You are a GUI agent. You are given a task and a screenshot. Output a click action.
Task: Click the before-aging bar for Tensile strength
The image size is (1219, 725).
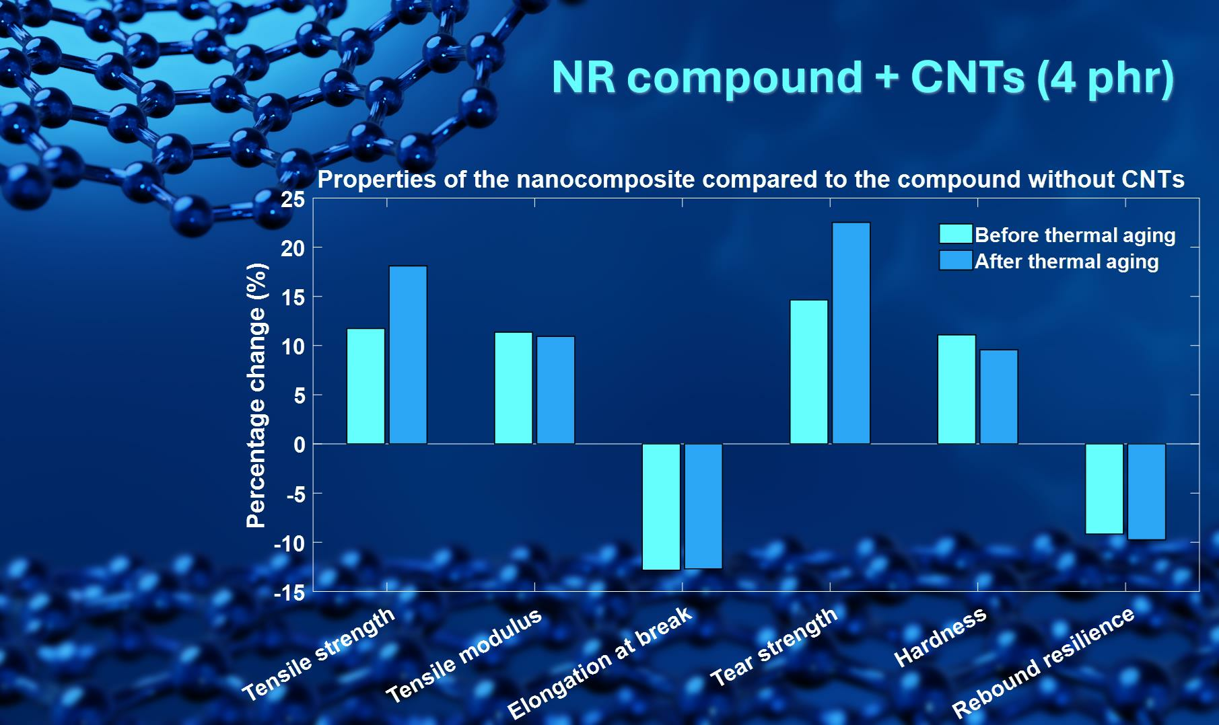tap(365, 386)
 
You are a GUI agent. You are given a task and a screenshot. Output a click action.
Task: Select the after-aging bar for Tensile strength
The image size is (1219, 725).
tap(408, 355)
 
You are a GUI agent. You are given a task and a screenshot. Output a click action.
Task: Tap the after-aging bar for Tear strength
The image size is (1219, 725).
tap(851, 333)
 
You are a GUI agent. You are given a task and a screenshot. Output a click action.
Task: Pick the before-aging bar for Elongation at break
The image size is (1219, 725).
tap(661, 507)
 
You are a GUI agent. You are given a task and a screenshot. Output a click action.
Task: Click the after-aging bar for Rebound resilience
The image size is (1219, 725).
tap(1146, 492)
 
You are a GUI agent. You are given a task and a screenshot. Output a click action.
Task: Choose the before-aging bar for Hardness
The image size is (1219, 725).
tap(956, 389)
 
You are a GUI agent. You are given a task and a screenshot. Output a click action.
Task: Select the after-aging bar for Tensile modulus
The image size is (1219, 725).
tap(555, 390)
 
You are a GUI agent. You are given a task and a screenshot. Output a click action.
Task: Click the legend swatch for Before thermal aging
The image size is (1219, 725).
tap(956, 234)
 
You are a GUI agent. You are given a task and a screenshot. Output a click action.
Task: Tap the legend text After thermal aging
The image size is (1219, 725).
tap(1067, 261)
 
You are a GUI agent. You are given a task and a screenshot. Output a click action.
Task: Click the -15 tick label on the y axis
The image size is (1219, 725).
tap(289, 593)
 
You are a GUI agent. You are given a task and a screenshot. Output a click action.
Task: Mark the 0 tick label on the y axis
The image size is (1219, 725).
tap(300, 445)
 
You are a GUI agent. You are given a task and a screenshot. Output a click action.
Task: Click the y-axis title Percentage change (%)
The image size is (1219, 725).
tap(256, 395)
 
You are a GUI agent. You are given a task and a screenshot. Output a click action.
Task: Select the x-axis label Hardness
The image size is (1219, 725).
tap(940, 636)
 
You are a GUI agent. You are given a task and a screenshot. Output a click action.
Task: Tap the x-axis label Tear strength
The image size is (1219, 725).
tap(775, 646)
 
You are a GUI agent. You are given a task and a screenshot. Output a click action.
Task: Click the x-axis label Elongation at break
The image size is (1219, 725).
tap(599, 662)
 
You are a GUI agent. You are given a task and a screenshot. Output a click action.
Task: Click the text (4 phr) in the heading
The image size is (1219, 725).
tap(1107, 78)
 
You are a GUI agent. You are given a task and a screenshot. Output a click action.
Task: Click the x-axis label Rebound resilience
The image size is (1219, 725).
tap(1044, 662)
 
